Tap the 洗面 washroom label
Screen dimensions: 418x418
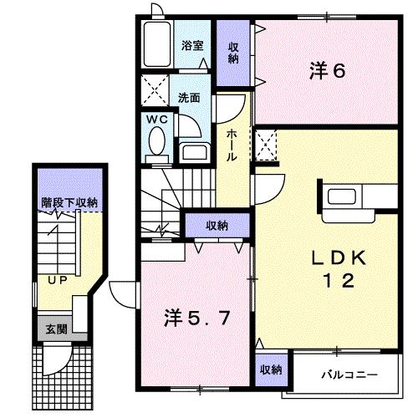[190, 97]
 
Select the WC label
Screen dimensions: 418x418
[157, 120]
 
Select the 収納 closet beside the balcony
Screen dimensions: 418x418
[269, 369]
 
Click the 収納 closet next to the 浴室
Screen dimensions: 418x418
[233, 53]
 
